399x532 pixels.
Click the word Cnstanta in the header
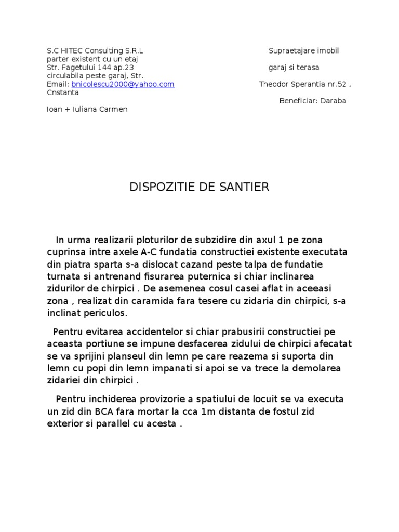click(x=63, y=92)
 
